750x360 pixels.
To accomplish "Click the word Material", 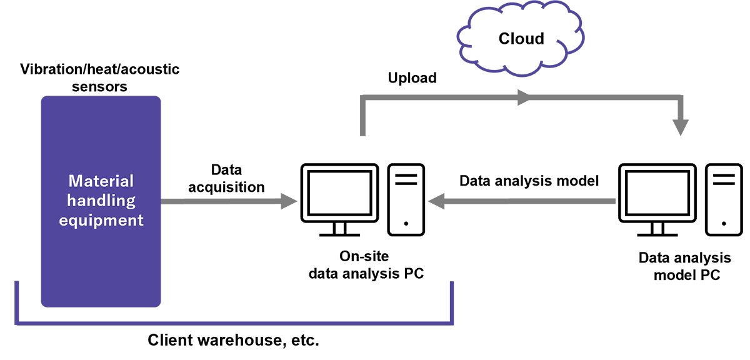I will (101, 181).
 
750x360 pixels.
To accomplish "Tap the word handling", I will (101, 201).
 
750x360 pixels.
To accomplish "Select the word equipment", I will (101, 220).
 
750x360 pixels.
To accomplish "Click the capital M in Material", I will (75, 181).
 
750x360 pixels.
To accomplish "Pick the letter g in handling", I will (130, 202).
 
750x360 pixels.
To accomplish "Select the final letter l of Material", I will (132, 181).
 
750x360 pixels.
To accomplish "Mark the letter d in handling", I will (102, 201).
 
